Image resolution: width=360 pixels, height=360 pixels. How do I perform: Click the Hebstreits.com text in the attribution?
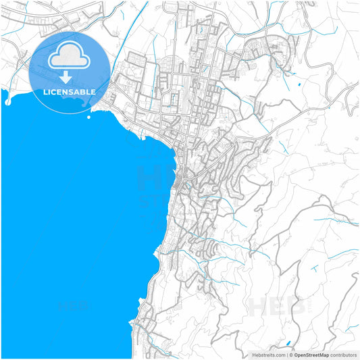269,355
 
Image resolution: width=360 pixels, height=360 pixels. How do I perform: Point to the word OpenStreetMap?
311,355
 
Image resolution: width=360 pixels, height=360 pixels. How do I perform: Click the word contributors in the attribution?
343,355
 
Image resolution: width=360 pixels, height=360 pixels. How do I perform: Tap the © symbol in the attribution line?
290,355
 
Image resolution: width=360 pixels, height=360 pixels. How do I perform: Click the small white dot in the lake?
89,117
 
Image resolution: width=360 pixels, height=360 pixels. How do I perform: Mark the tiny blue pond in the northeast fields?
298,86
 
